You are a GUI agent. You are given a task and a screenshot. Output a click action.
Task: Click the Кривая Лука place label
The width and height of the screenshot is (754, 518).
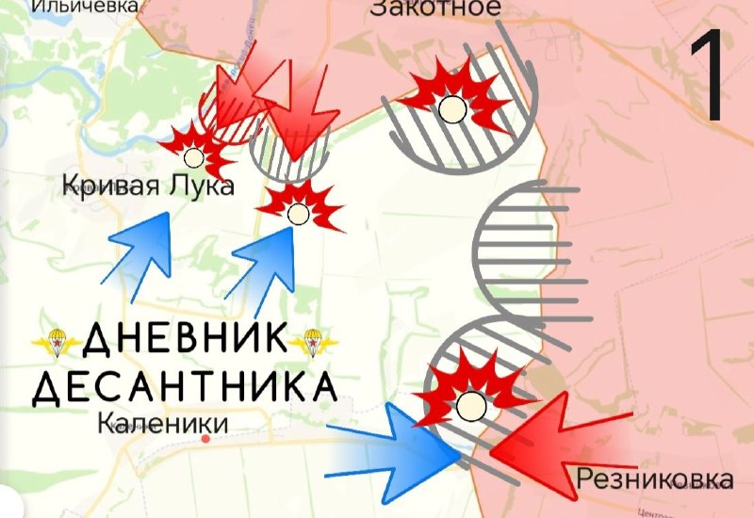pyautogui.click(x=148, y=186)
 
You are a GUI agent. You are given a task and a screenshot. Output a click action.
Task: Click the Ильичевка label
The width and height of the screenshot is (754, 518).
pyautogui.click(x=84, y=6)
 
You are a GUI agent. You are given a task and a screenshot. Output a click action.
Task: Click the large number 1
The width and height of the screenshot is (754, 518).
pyautogui.click(x=711, y=74)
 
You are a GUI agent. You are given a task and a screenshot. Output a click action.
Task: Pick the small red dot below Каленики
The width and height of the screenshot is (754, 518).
pyautogui.click(x=205, y=440)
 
